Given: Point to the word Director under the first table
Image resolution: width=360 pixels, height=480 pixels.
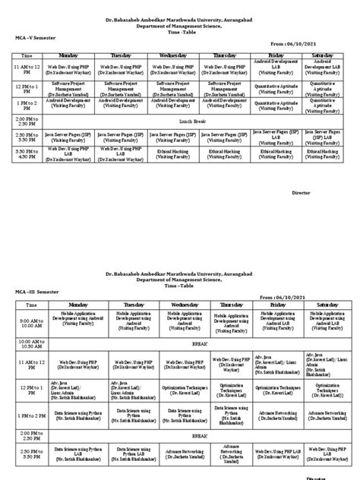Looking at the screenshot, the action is click(302, 194).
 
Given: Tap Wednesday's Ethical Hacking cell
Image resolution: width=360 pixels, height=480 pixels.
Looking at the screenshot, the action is click(174, 153).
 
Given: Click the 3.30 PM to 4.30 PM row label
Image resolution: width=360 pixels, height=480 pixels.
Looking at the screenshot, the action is click(27, 153).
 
